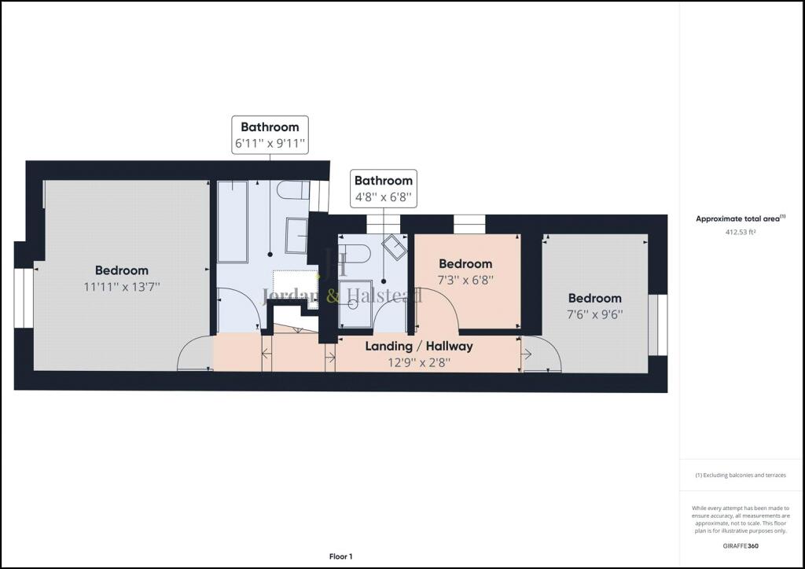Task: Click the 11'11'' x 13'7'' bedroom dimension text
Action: pos(122,287)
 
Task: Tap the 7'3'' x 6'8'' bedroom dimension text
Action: pos(465,280)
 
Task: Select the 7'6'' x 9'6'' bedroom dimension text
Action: pos(595,314)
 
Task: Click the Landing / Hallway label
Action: pos(419,347)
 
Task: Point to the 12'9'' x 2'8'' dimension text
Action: pos(419,363)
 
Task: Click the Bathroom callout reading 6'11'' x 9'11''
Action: pos(270,135)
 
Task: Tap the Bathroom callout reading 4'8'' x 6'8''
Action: pos(384,189)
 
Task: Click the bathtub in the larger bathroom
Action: pos(233,222)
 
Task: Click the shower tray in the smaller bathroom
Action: pos(355,303)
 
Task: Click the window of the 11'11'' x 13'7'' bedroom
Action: pos(24,298)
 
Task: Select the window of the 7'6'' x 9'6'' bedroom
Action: pos(658,325)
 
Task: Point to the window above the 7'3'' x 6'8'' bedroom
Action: pos(469,225)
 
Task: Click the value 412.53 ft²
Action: pos(741,232)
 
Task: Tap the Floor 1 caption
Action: pos(341,556)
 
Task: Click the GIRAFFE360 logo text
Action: pos(741,546)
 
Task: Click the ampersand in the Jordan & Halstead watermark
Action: pos(333,296)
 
